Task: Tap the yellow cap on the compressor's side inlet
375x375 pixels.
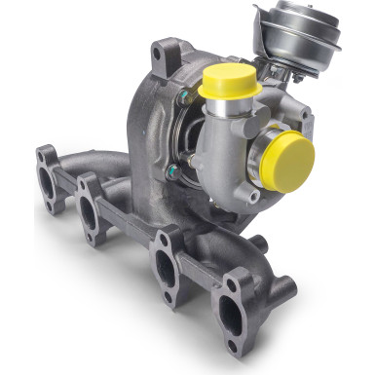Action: tap(289, 159)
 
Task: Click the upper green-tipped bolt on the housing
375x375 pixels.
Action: tap(181, 97)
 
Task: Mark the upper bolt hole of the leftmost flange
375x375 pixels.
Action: tap(44, 154)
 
